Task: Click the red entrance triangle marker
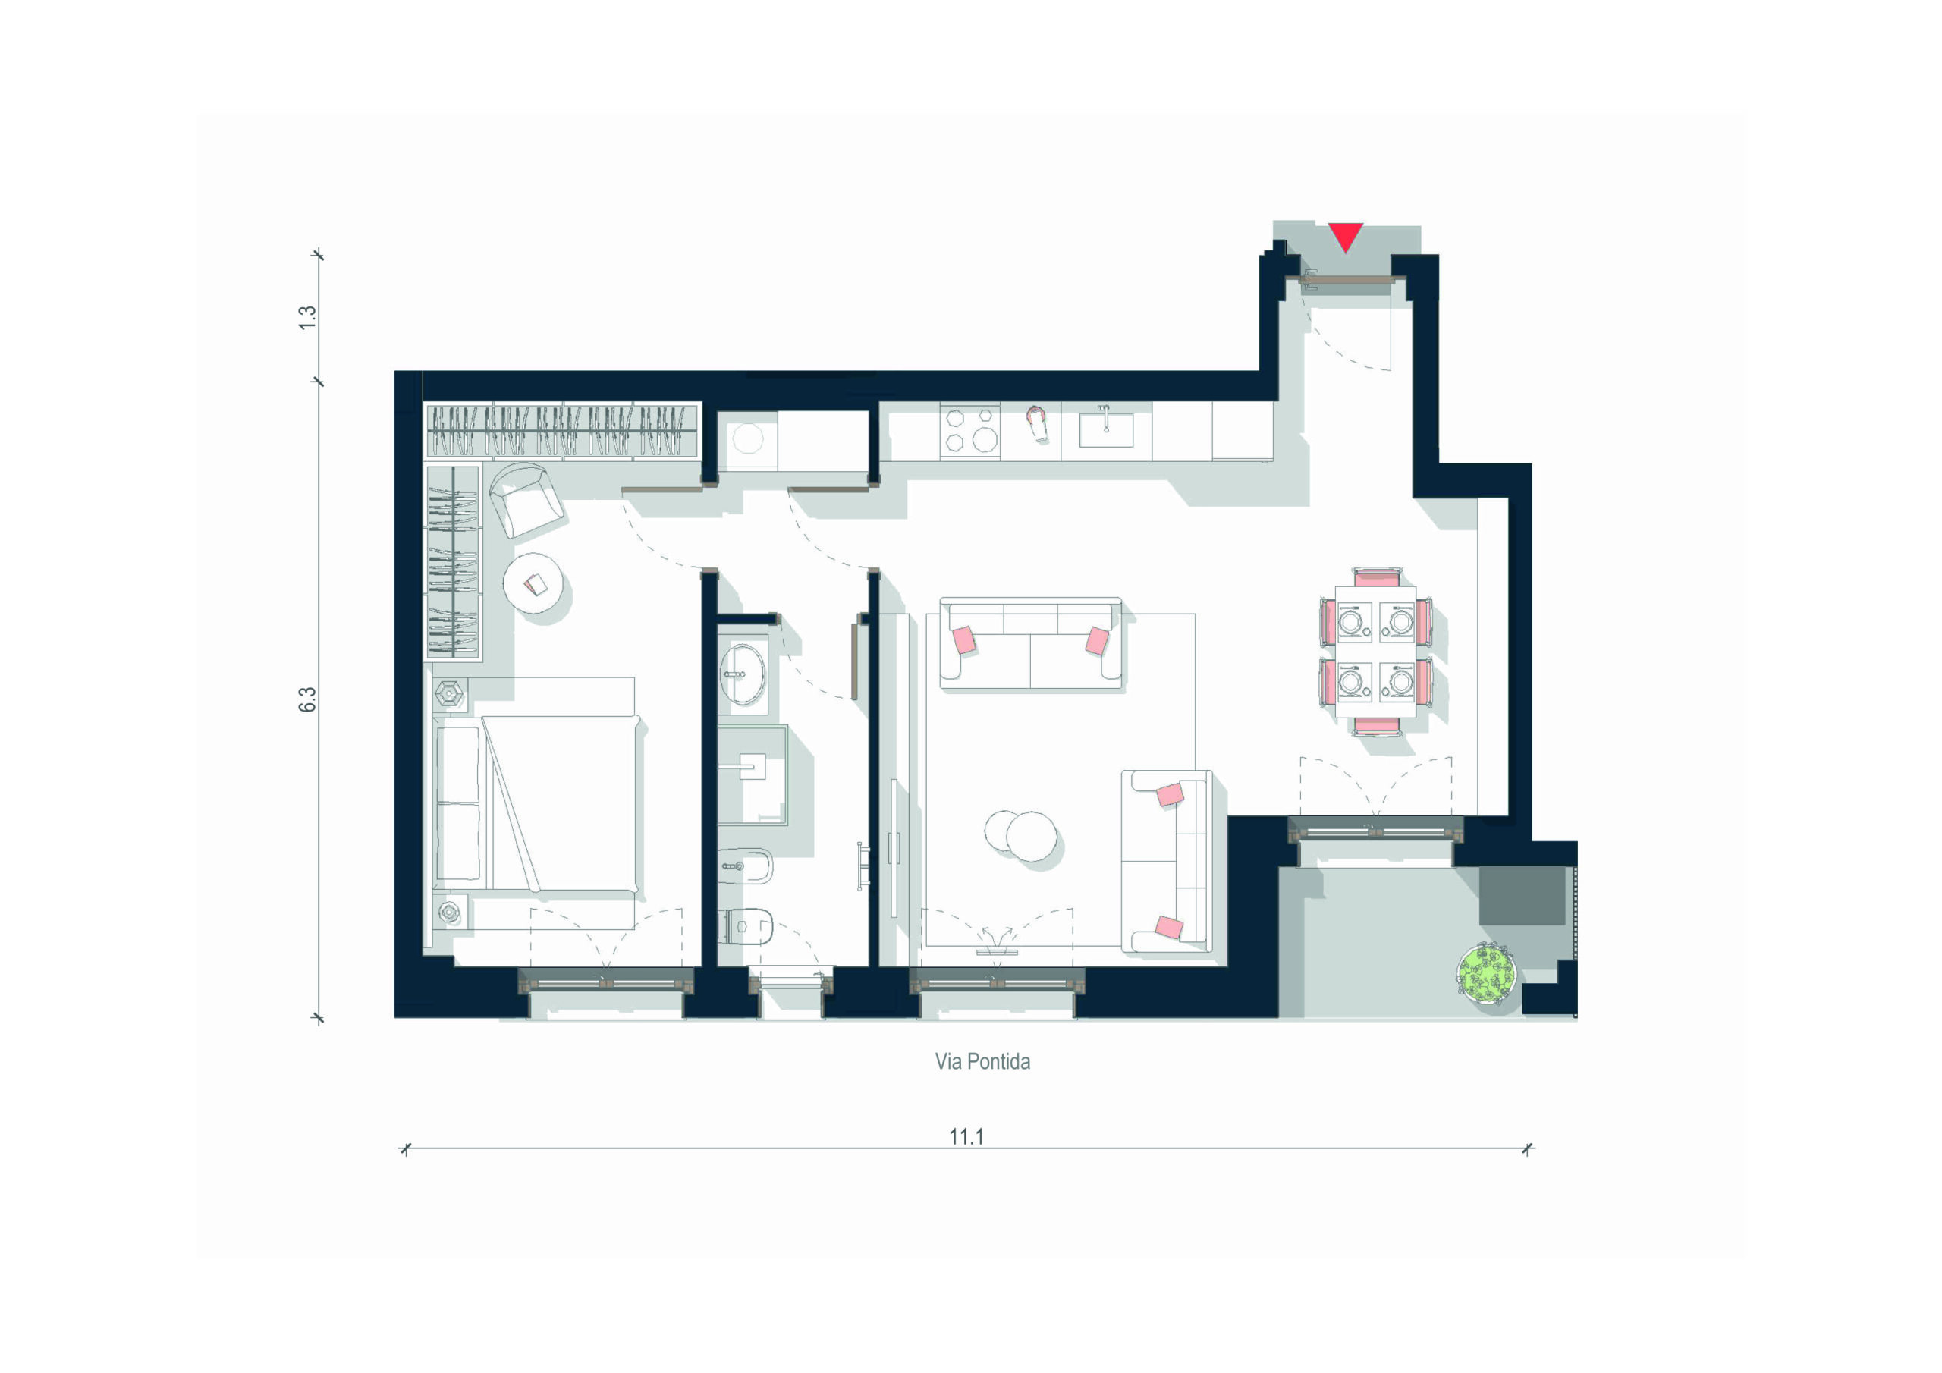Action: [x=1345, y=235]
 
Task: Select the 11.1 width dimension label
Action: [x=966, y=1136]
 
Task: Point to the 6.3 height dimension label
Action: [x=307, y=699]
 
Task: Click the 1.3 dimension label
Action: [x=307, y=317]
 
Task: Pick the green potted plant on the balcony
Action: [x=1486, y=974]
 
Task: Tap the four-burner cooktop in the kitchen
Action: [x=970, y=431]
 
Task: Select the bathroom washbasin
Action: [x=742, y=674]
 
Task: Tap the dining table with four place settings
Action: [x=1375, y=652]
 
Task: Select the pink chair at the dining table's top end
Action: [x=1376, y=577]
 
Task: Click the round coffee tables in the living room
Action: [x=1021, y=835]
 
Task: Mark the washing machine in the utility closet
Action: [x=748, y=440]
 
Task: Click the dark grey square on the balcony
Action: [x=1522, y=896]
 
